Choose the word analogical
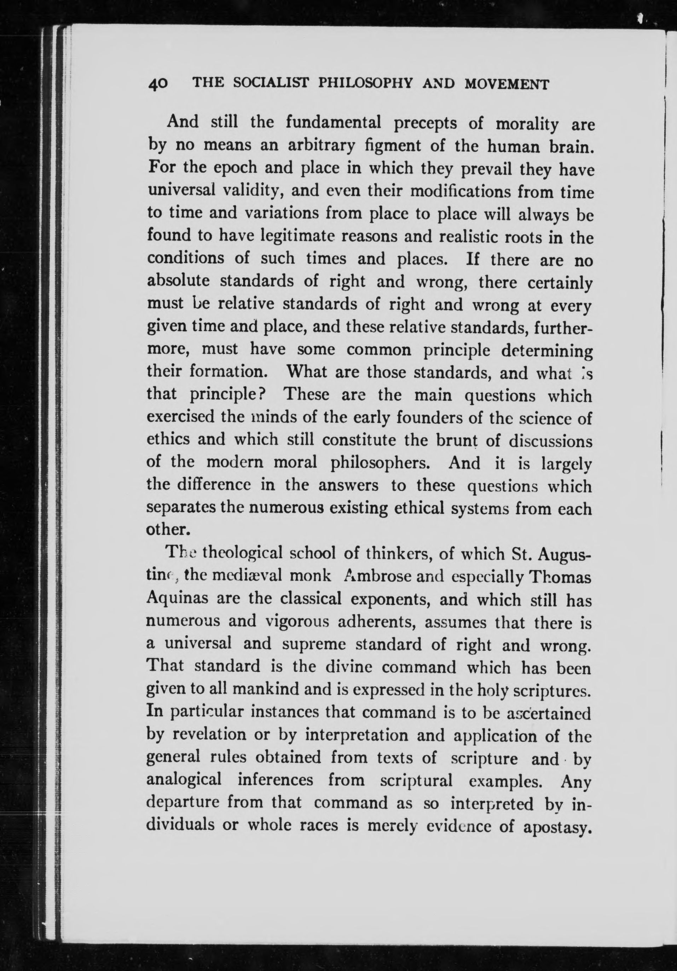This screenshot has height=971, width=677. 184,780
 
